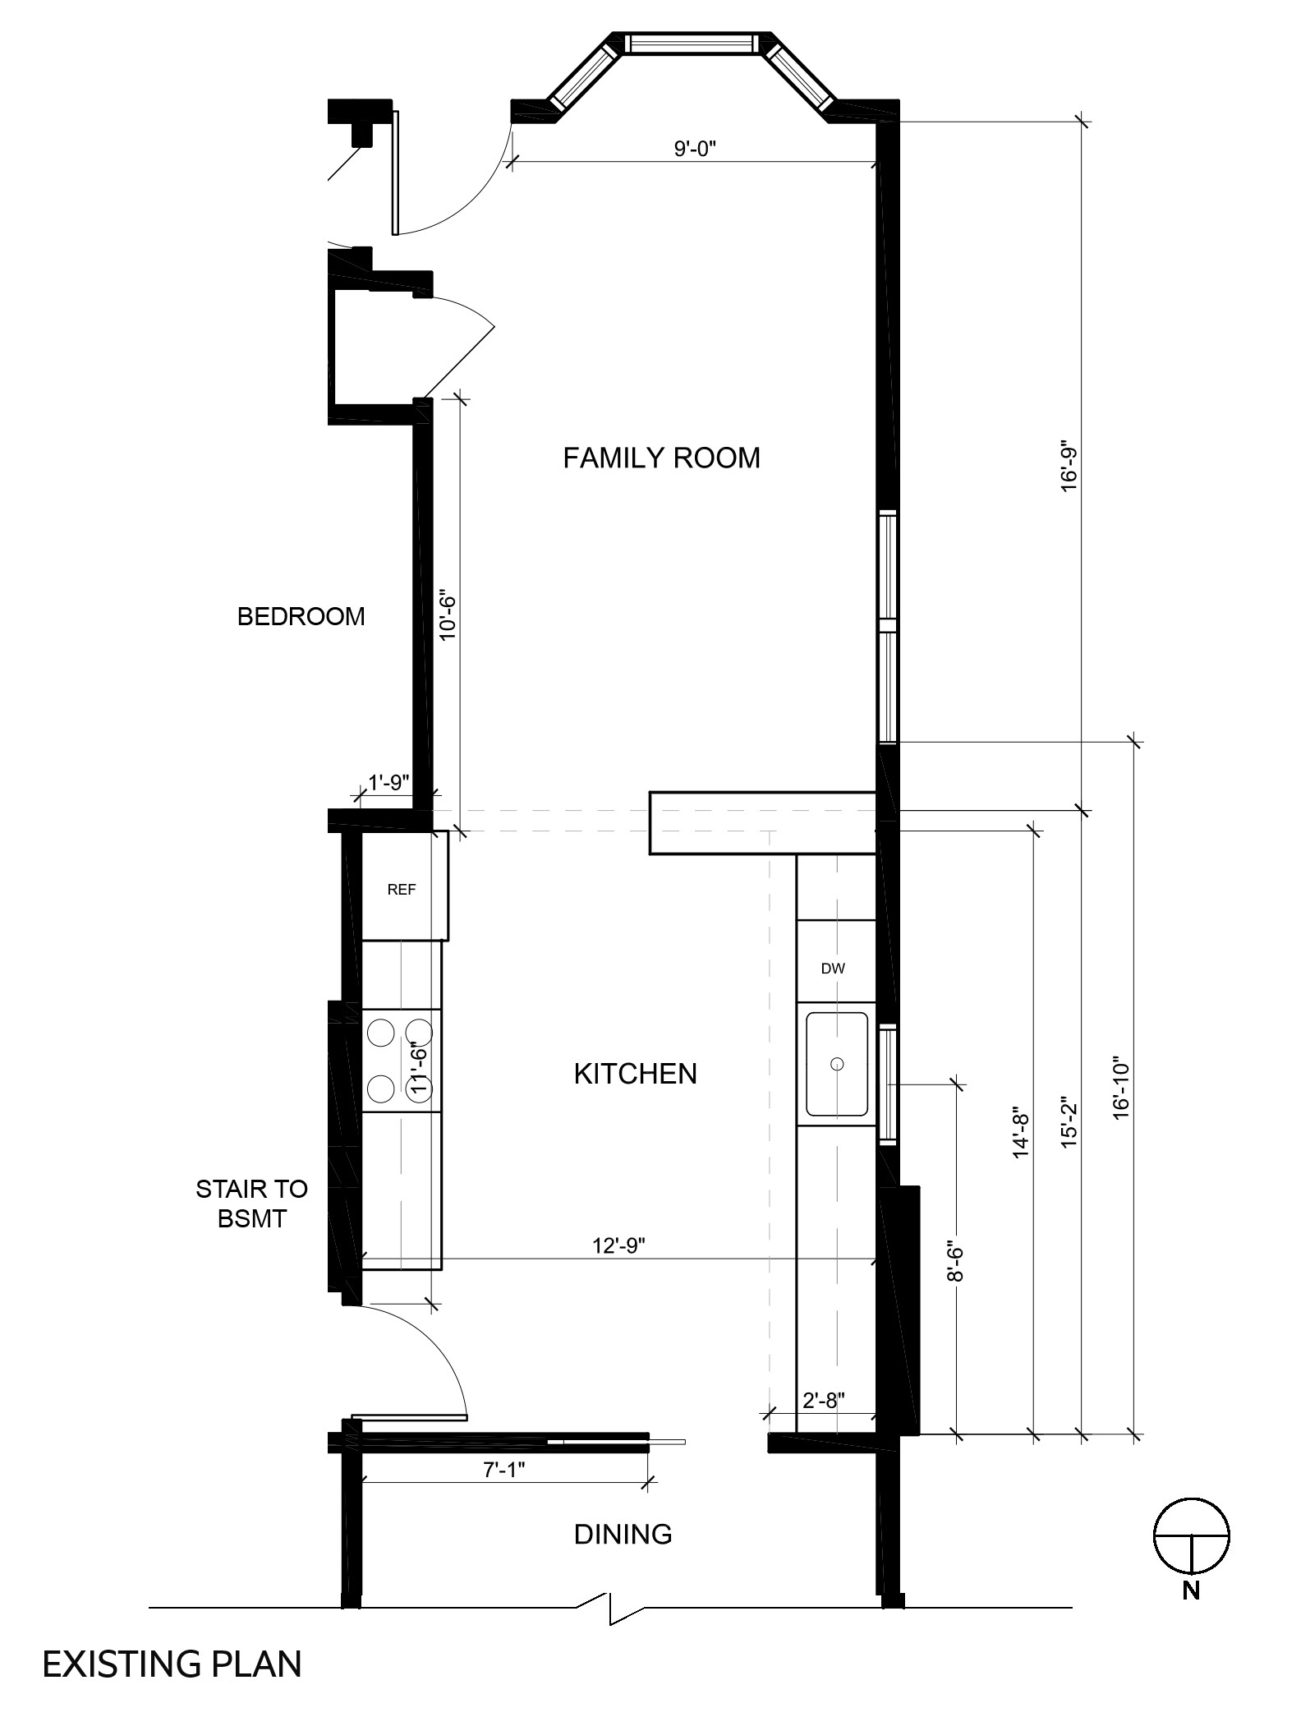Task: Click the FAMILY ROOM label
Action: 661,458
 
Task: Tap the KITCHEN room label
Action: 635,1074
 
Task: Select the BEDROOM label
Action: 301,616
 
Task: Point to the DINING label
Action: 623,1534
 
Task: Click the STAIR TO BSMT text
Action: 252,1204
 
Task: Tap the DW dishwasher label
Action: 833,969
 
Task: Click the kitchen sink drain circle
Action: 837,1064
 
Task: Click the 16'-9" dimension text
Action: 1069,468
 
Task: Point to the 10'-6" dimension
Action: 447,614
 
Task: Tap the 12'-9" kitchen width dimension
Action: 619,1246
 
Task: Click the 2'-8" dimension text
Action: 824,1400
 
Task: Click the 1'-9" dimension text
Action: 388,782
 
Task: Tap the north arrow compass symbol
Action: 1192,1536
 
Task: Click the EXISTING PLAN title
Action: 172,1664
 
